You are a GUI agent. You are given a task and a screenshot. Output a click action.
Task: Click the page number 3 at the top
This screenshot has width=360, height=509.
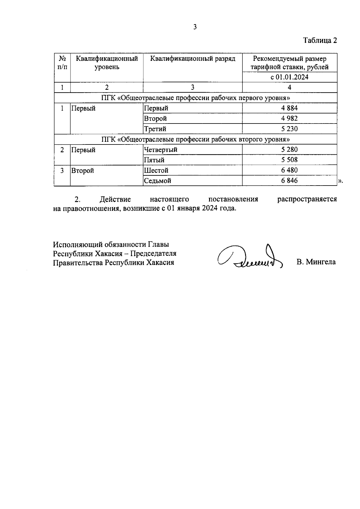pos(195,27)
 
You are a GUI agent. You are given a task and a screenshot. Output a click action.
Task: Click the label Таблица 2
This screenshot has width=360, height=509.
pos(320,40)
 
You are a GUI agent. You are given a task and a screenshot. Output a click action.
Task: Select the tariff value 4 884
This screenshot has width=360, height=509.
pos(289,108)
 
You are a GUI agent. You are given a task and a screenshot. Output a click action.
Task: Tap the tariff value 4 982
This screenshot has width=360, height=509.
pos(289,118)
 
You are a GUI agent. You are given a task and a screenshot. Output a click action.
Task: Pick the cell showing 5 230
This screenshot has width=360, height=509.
pos(289,129)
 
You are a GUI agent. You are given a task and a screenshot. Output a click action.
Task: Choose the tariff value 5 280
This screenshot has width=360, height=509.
pos(289,150)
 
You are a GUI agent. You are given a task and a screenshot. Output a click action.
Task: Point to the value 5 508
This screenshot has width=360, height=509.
pos(289,160)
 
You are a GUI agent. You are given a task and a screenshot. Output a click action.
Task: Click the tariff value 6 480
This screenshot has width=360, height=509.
pos(289,170)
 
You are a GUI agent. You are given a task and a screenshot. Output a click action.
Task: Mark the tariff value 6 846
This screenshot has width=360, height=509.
pos(289,180)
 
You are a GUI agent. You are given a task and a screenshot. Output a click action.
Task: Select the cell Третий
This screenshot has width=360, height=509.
pos(155,129)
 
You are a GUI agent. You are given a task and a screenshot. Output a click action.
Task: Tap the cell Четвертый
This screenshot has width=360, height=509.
pos(160,150)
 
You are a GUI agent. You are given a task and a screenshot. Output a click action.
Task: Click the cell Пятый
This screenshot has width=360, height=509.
pos(154,160)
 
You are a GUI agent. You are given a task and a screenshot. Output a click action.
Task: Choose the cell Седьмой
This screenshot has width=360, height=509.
pos(157,181)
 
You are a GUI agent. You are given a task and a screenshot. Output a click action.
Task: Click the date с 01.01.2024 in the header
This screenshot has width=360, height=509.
pos(289,77)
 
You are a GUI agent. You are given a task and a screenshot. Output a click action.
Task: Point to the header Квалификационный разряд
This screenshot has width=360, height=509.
pos(192,59)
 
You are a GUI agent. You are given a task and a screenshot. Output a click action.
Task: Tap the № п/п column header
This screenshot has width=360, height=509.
pos(62,62)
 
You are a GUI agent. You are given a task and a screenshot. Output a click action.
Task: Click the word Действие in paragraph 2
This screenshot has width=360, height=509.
pos(115,199)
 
